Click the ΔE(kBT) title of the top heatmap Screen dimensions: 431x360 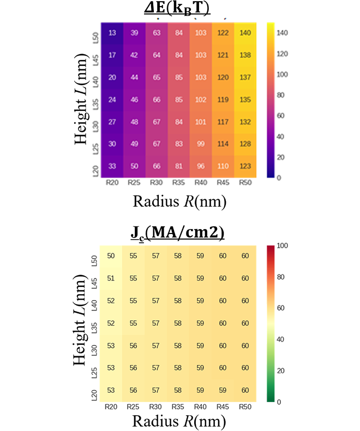click(180, 9)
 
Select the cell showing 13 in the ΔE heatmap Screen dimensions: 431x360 click(112, 33)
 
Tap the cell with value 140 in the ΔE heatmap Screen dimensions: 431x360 click(245, 33)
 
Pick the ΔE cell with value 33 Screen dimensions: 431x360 click(112, 166)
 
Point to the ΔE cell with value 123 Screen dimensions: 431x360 click(245, 166)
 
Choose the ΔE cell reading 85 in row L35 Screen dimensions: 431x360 click(179, 100)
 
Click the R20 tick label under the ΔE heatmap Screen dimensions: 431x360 click(112, 183)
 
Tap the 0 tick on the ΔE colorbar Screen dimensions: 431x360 click(281, 178)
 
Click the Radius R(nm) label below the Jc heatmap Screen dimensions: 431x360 click(178, 421)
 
